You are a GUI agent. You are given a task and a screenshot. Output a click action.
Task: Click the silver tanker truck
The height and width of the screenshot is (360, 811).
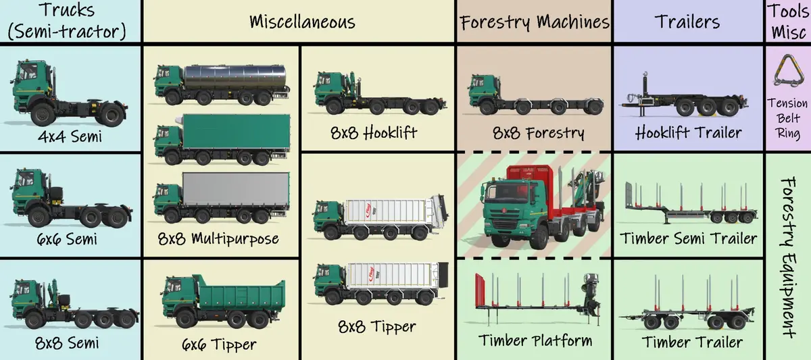(x=220, y=84)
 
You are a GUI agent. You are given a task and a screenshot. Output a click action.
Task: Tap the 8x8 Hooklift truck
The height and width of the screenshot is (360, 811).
(x=378, y=95)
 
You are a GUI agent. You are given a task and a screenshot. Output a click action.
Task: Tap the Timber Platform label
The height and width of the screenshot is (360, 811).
(x=534, y=340)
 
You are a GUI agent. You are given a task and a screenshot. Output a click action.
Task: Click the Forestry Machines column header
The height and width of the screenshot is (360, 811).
(x=534, y=22)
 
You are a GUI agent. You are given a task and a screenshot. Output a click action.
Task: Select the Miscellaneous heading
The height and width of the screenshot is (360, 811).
(x=302, y=22)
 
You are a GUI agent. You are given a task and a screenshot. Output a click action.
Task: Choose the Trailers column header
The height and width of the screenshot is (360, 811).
(x=687, y=22)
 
